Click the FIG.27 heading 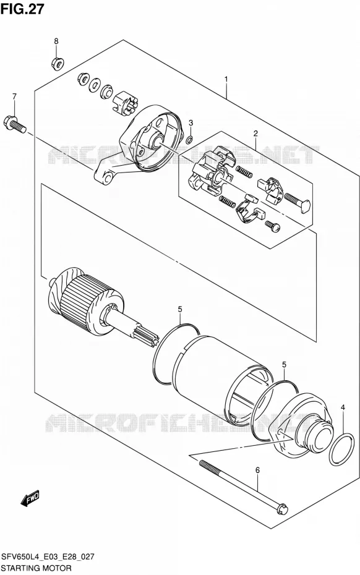(x=22, y=9)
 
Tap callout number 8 (x=56, y=41)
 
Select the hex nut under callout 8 (x=58, y=63)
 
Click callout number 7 (x=14, y=96)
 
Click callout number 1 (x=226, y=79)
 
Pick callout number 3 (x=191, y=123)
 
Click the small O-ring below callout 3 (x=189, y=139)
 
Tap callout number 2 (x=255, y=134)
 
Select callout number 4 (x=343, y=407)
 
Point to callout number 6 (x=257, y=470)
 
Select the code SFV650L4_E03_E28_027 (x=48, y=557)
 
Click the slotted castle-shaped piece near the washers (x=125, y=103)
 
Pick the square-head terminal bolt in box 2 (x=298, y=202)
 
